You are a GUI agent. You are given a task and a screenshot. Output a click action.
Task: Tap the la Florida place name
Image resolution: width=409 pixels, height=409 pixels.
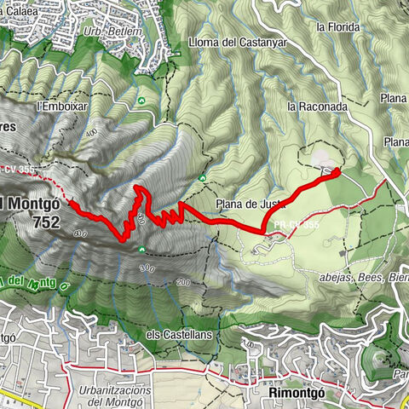334,26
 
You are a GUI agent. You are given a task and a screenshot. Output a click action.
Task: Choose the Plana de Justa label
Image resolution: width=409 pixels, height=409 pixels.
248,204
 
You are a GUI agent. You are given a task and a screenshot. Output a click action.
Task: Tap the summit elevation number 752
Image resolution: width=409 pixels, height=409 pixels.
43,223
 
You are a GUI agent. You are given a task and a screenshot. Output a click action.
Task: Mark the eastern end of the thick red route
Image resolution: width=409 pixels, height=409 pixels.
335,172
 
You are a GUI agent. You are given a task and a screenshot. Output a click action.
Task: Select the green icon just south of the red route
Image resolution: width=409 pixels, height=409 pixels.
141,250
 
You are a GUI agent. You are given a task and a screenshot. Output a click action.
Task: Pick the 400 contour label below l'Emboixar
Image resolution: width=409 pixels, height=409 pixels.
89,135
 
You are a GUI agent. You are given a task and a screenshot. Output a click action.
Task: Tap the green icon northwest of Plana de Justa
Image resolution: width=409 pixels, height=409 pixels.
203,177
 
